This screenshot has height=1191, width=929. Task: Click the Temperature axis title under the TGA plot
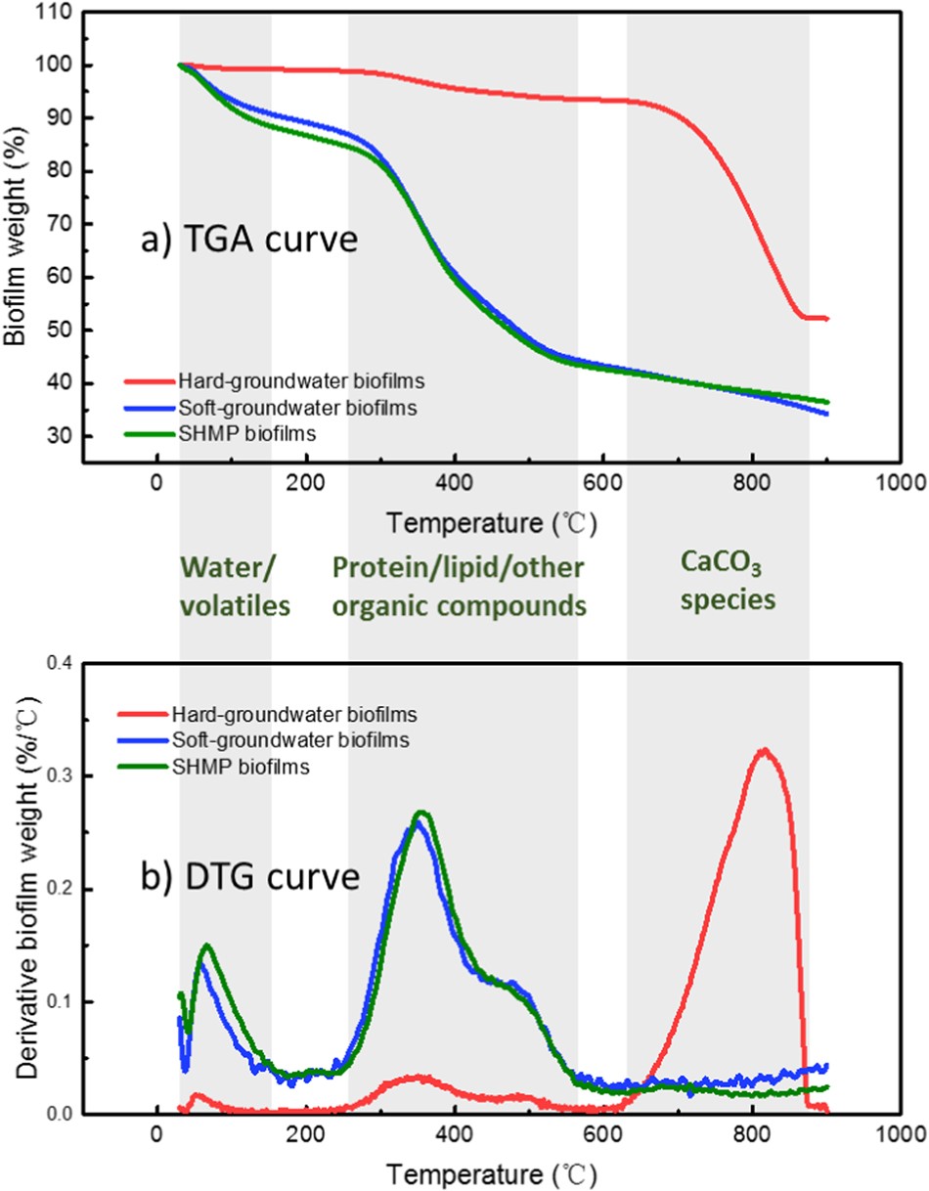click(489, 523)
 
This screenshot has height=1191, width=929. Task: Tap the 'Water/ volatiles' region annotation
click(235, 586)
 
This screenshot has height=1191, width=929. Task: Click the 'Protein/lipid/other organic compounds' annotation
click(460, 587)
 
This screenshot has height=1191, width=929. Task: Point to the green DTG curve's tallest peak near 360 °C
click(422, 812)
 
